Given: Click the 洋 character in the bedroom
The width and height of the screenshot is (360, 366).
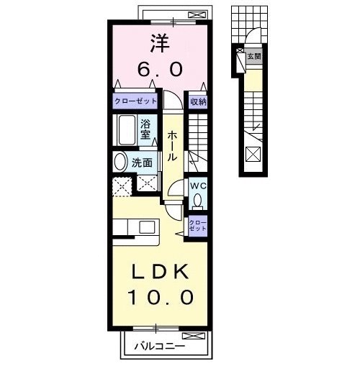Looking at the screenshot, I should click(x=160, y=44).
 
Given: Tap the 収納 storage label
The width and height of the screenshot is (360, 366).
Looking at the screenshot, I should click(x=198, y=102).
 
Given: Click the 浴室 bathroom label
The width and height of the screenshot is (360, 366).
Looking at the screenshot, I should click(x=145, y=129).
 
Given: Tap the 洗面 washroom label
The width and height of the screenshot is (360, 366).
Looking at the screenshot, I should click(x=142, y=163).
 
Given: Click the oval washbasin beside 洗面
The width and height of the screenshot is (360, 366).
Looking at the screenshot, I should click(x=121, y=163).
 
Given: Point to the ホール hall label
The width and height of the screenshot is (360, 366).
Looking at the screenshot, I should click(x=174, y=145).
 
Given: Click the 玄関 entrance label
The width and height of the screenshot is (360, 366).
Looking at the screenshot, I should click(x=253, y=55).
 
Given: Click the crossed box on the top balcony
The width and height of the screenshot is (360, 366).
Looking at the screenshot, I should click(x=194, y=14).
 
